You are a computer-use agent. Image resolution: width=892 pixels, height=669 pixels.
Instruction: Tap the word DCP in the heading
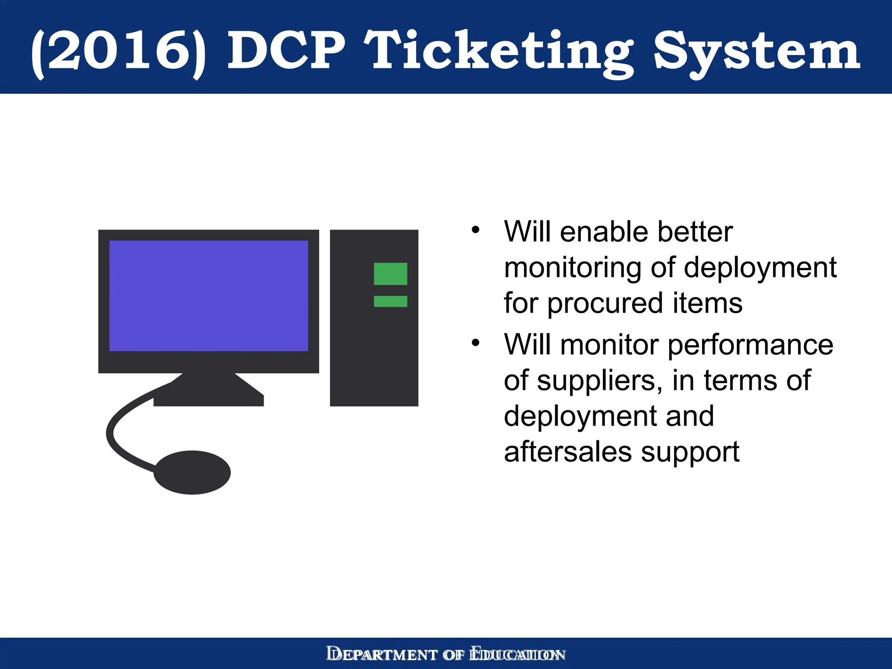coord(286,51)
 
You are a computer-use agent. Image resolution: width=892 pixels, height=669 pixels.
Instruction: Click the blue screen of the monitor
coord(208,296)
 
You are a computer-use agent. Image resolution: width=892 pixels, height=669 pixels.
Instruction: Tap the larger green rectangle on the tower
coord(390,274)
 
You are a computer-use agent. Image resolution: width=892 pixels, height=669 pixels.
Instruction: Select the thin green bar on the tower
coord(390,301)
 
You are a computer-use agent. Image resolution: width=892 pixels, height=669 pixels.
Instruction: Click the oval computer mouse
coord(192,472)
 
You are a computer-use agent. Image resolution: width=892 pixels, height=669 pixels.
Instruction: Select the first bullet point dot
coord(475,230)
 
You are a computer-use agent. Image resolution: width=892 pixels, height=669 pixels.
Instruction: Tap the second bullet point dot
coord(475,343)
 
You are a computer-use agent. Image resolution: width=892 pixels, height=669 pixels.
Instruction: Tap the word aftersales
coord(568,452)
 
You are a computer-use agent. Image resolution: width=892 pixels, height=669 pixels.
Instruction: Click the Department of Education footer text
coord(446,654)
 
